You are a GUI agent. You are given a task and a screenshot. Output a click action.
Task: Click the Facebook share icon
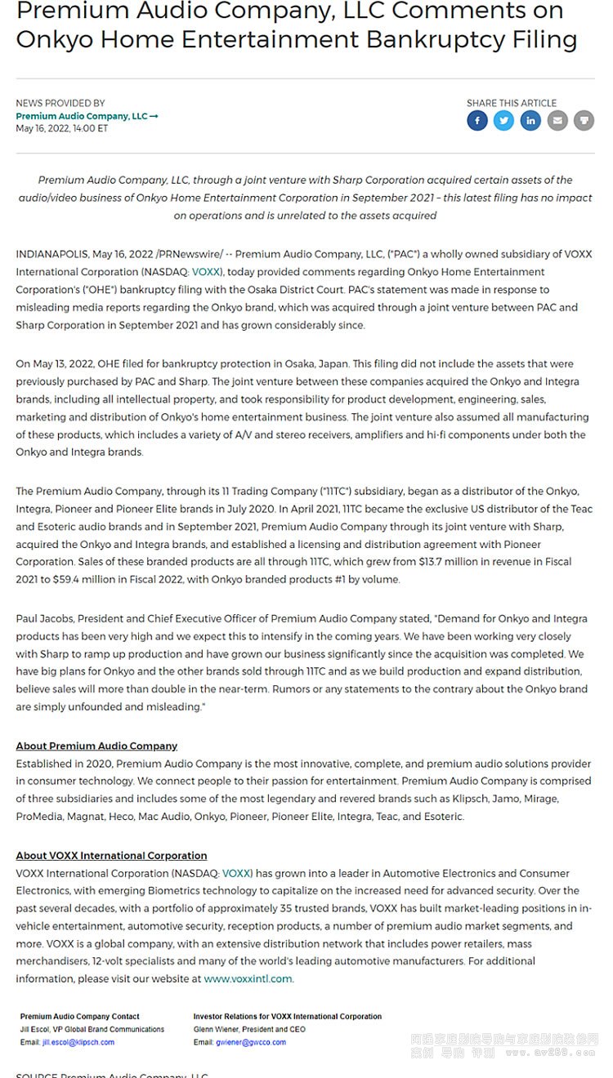pyautogui.click(x=477, y=121)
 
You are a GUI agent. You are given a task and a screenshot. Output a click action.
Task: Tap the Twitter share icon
pyautogui.click(x=503, y=121)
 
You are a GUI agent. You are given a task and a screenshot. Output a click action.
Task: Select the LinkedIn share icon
pyautogui.click(x=530, y=121)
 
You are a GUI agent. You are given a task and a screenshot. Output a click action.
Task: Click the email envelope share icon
pyautogui.click(x=557, y=121)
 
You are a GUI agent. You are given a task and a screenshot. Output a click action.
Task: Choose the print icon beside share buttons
pyautogui.click(x=584, y=121)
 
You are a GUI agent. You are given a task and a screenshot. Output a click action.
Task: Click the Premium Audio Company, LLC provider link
pyautogui.click(x=87, y=116)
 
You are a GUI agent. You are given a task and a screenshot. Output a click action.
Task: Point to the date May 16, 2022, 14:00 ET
pyautogui.click(x=61, y=129)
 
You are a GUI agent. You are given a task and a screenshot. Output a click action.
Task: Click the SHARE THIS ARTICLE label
pyautogui.click(x=512, y=103)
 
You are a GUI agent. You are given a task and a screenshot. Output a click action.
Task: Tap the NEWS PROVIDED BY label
pyautogui.click(x=60, y=103)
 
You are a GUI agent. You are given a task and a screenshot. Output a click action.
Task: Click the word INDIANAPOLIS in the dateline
pyautogui.click(x=51, y=254)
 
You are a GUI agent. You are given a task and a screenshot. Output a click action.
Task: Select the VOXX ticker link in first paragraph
pyautogui.click(x=207, y=272)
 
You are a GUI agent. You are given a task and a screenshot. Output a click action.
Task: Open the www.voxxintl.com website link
pyautogui.click(x=248, y=978)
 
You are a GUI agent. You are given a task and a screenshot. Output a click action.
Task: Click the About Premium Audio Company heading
pyautogui.click(x=96, y=746)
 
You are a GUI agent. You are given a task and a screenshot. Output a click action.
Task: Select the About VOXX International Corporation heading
pyautogui.click(x=111, y=855)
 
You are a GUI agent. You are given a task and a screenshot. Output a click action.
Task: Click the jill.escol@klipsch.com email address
pyautogui.click(x=78, y=1042)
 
